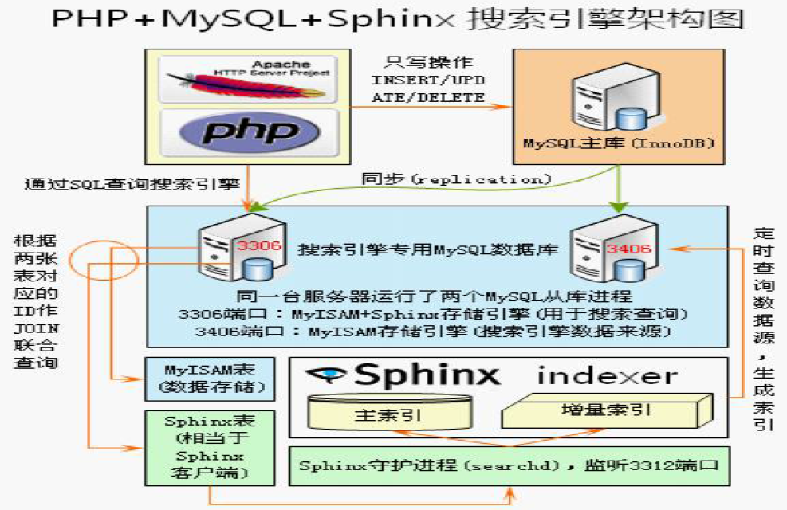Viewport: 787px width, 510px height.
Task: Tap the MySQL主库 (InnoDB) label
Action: pos(618,144)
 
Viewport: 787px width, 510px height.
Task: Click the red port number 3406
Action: pos(628,249)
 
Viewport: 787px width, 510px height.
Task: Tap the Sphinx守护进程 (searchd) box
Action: pos(509,465)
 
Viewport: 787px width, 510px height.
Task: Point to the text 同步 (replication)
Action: pos(456,178)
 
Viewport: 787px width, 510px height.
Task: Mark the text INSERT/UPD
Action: pos(428,80)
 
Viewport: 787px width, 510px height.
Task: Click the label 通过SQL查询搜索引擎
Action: pos(132,184)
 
